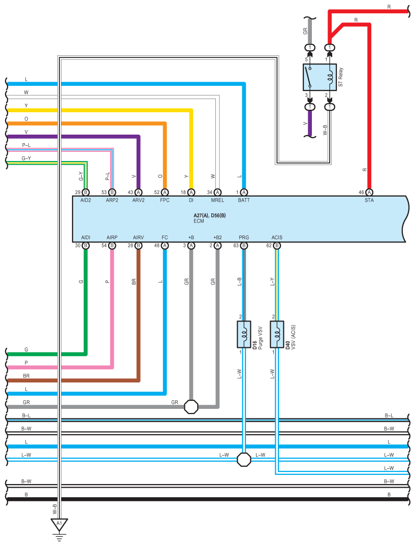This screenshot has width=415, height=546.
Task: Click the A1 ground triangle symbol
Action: [59, 524]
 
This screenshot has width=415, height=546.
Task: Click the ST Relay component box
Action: [320, 77]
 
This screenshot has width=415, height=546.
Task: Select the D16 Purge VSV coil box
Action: [244, 334]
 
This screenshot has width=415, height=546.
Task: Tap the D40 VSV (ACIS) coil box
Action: [277, 334]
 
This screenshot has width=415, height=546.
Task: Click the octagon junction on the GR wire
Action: [191, 406]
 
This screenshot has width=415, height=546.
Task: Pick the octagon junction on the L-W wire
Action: [244, 459]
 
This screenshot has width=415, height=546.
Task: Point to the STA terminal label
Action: [369, 200]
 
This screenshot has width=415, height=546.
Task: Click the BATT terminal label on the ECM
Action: [244, 200]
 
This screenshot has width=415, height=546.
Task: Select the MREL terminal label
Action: [217, 200]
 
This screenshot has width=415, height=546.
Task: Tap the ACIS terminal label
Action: [277, 238]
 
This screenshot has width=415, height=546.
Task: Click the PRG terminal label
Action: [244, 238]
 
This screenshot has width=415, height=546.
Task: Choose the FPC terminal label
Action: [165, 200]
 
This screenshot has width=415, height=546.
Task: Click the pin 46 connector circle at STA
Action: [369, 192]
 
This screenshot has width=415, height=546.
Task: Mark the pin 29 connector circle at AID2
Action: [86, 192]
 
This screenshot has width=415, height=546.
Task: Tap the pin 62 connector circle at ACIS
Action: [277, 245]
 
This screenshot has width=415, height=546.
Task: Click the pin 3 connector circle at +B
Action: [191, 245]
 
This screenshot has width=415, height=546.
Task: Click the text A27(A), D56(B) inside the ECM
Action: [210, 215]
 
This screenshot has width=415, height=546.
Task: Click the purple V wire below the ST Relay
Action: [310, 123]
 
